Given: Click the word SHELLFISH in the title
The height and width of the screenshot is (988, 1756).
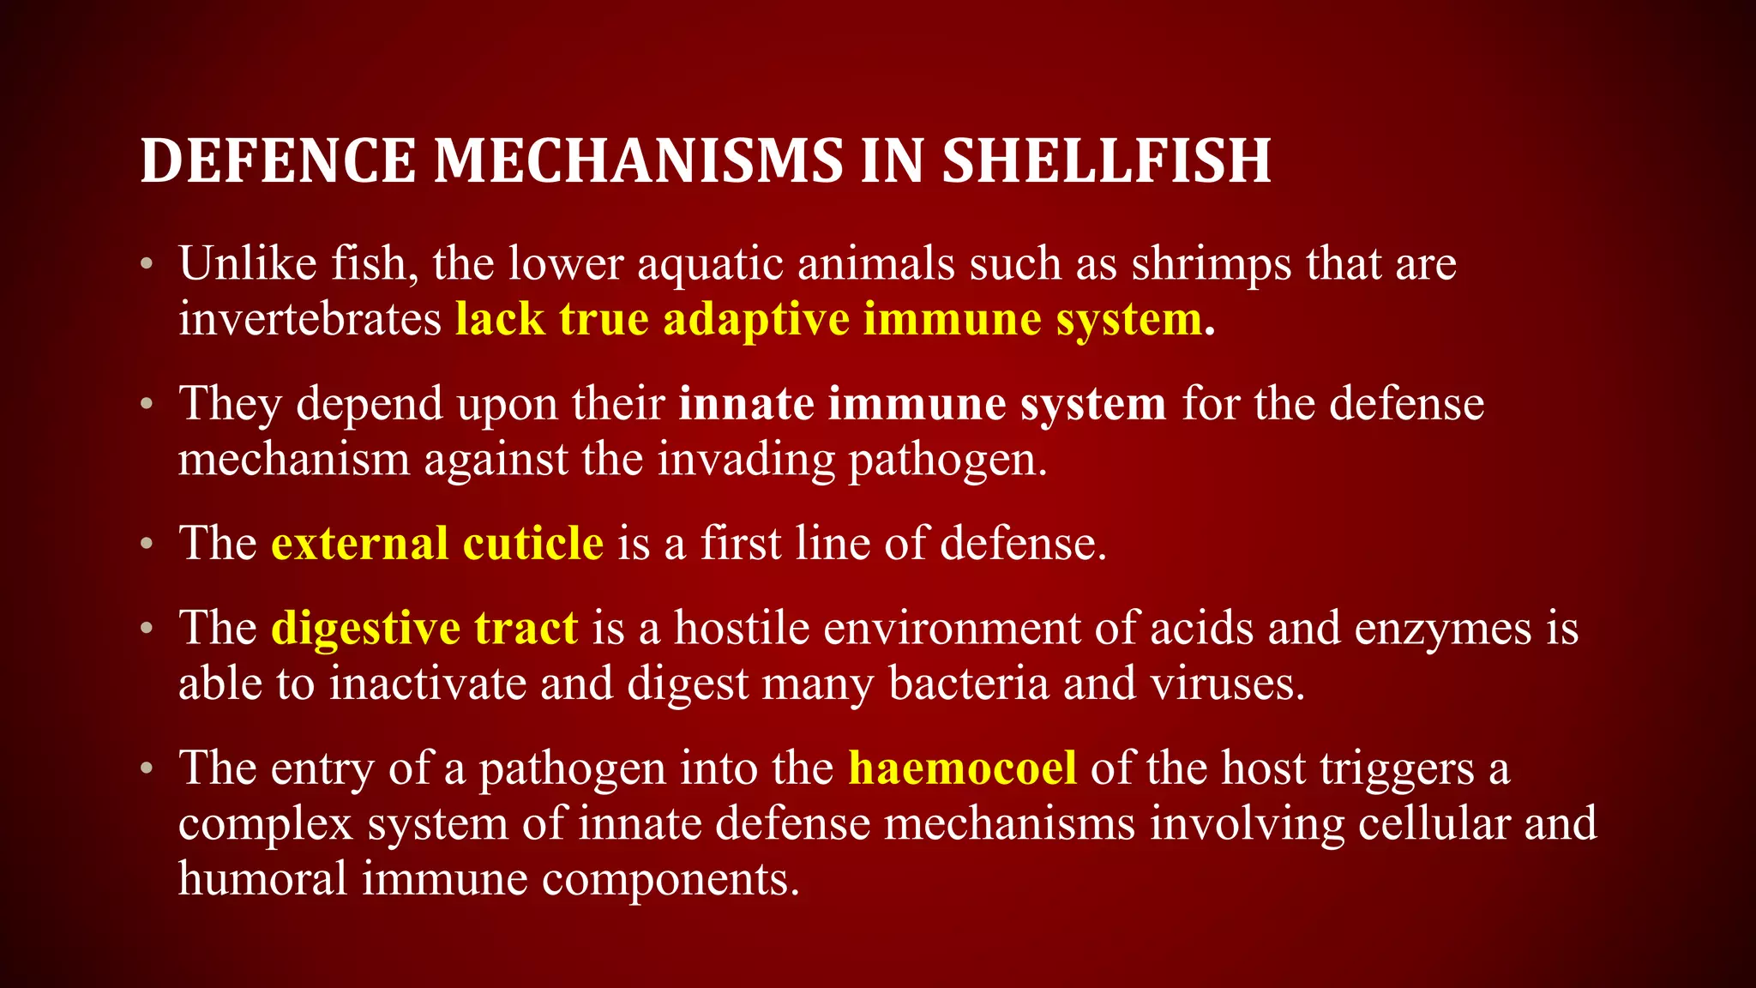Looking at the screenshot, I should click(1106, 161).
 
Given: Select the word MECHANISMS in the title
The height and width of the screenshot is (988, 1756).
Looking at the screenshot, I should click(638, 161).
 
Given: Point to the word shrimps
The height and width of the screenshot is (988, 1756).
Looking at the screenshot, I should click(1211, 265).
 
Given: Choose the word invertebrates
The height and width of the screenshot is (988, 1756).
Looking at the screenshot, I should click(310, 319).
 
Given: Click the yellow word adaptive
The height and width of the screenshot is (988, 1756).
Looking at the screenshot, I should click(755, 319).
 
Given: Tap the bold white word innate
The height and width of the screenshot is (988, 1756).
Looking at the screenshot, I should click(746, 403).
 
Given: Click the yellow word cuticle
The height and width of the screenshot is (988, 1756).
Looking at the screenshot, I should click(532, 543).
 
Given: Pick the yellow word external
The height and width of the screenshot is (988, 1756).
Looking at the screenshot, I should click(359, 543).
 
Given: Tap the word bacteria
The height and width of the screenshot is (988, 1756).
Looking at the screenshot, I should click(969, 684).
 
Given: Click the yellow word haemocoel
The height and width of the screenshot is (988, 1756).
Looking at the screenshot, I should click(962, 768).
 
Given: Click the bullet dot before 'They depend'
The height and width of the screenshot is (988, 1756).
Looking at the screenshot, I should click(147, 403).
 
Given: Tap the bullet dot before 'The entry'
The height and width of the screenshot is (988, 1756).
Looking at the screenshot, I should click(147, 768).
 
